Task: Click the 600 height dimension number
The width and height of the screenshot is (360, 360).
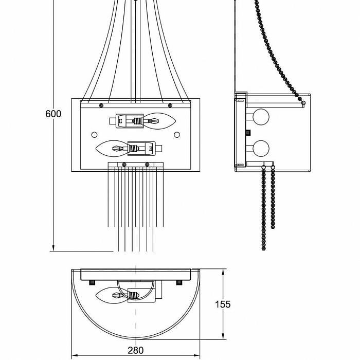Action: pos(53,114)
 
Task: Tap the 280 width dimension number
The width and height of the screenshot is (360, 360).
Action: pos(135,350)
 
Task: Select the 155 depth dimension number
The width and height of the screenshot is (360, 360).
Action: pos(222,304)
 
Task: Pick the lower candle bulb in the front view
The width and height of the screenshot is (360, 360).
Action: pos(112,149)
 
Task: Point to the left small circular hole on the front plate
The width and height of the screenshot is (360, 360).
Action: pos(94,134)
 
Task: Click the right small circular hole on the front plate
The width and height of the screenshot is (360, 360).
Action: pos(177,134)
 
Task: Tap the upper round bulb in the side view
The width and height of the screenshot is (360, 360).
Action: pos(261,118)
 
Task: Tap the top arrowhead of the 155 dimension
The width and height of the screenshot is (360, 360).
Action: pos(223,272)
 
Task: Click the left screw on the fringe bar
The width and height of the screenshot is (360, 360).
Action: pos(124,165)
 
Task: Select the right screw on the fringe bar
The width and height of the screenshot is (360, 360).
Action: pos(147,165)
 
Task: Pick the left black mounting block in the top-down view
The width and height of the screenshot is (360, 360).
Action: pos(93,282)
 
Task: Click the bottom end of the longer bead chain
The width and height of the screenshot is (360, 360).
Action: pos(264,247)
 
